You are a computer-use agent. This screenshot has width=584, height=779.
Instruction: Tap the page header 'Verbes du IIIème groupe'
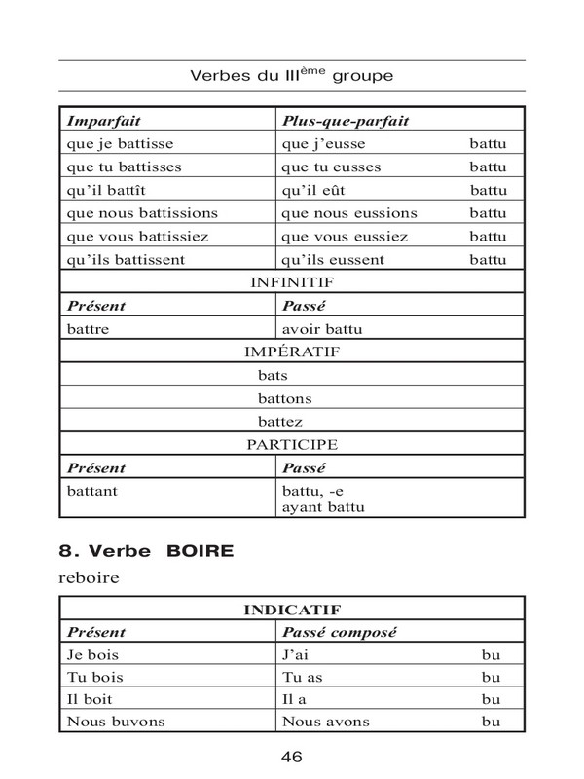tap(292, 74)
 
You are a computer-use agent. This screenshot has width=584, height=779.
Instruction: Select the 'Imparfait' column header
tap(104, 121)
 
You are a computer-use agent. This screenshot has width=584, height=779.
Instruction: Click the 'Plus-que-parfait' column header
tap(345, 121)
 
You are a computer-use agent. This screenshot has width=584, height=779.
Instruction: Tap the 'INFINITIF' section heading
tap(292, 282)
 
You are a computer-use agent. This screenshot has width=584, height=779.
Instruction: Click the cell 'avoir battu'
tap(321, 329)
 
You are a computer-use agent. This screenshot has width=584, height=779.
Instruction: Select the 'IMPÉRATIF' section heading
tap(292, 352)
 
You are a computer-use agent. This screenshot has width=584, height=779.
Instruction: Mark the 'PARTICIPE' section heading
tap(292, 444)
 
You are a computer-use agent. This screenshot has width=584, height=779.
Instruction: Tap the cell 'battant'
tap(92, 491)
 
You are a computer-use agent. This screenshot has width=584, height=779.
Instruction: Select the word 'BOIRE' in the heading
tap(201, 552)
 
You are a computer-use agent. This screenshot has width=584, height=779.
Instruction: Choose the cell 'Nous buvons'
tap(113, 722)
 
